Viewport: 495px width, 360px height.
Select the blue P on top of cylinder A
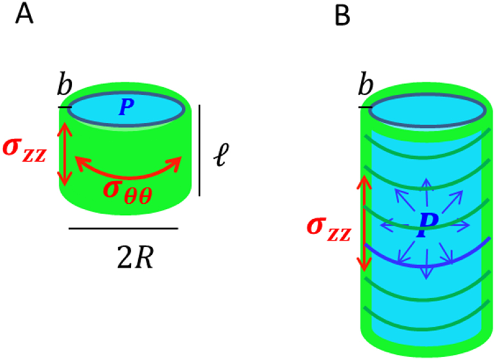[x=126, y=108]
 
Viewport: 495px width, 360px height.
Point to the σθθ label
[x=127, y=189]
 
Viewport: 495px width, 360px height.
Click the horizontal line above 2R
[x=123, y=228]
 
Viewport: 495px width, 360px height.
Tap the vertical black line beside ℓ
[x=199, y=150]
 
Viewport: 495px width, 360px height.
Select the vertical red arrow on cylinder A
[x=65, y=153]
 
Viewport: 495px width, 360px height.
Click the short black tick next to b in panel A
[x=65, y=107]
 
